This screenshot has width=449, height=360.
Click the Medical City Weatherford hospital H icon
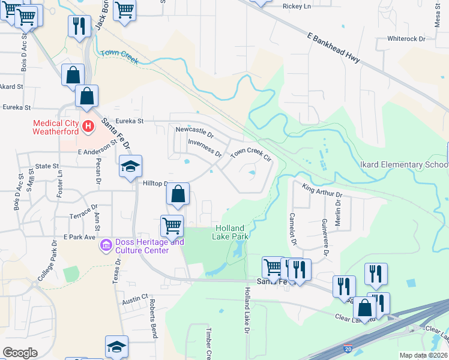pyautogui.click(x=88, y=126)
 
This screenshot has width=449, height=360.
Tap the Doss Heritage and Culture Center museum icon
pyautogui.click(x=106, y=245)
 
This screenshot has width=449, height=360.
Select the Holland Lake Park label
pyautogui.click(x=228, y=232)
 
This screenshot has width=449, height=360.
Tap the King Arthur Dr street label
pyautogui.click(x=322, y=191)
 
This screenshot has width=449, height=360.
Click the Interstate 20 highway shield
pyautogui.click(x=348, y=348)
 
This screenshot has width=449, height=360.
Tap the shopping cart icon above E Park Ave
pyautogui.click(x=172, y=225)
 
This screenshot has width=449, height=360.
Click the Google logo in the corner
pyautogui.click(x=20, y=353)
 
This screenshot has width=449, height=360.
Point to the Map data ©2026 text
pyautogui.click(x=423, y=355)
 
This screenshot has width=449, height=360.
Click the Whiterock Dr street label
pyautogui.click(x=406, y=38)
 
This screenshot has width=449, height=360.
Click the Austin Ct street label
pyautogui.click(x=135, y=298)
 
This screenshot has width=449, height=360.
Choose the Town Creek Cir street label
pyautogui.click(x=251, y=154)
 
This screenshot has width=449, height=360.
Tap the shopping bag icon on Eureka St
pyautogui.click(x=86, y=95)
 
